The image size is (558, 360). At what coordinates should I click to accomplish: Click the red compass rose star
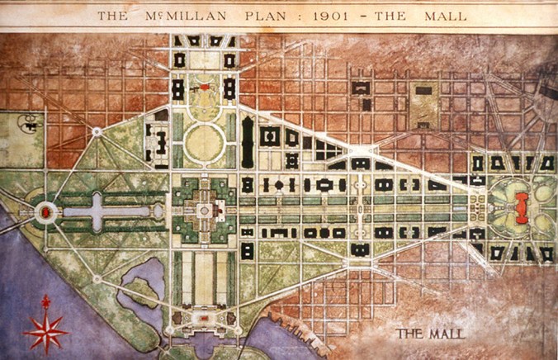46,328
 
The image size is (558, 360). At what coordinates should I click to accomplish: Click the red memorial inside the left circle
44,213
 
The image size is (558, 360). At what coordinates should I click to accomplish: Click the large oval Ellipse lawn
204,143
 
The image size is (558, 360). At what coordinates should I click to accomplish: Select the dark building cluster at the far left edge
31,123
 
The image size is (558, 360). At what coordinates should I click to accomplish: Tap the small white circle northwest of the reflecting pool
97,130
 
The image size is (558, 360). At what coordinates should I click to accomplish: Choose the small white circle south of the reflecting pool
97,279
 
